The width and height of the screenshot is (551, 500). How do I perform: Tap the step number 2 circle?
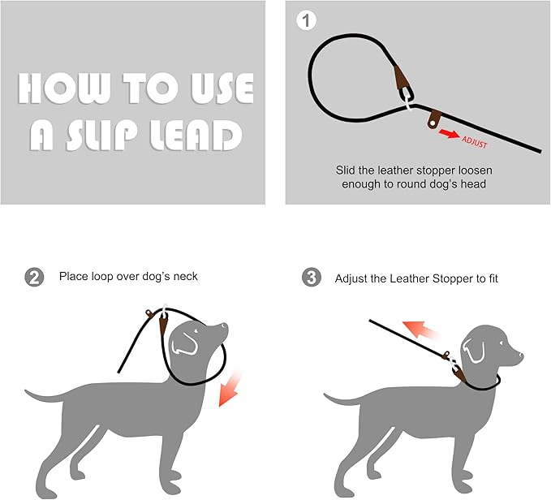point(35,278)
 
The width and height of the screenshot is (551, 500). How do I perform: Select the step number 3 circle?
point(311,278)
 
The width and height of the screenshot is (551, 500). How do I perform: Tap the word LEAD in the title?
point(196,135)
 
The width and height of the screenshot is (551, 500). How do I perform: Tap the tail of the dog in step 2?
point(42,396)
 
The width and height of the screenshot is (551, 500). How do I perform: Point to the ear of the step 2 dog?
point(187,343)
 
